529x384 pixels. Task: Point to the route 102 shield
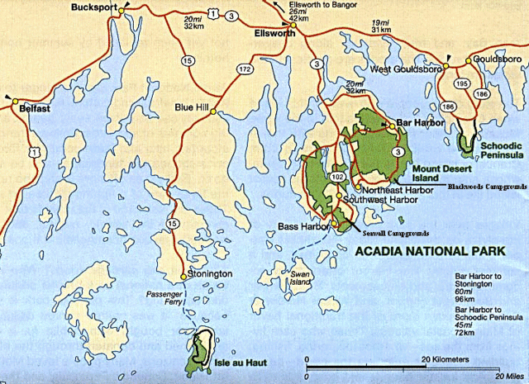point(336,177)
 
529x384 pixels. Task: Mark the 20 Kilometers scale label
point(446,359)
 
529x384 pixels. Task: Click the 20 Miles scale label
point(508,377)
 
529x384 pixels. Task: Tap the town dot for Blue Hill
point(213,112)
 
